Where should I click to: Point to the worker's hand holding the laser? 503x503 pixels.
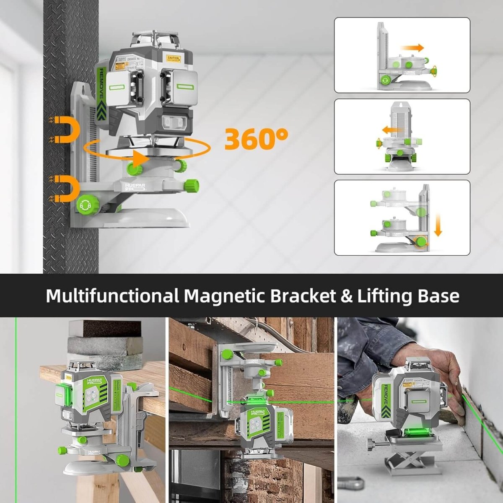point(444,373)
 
